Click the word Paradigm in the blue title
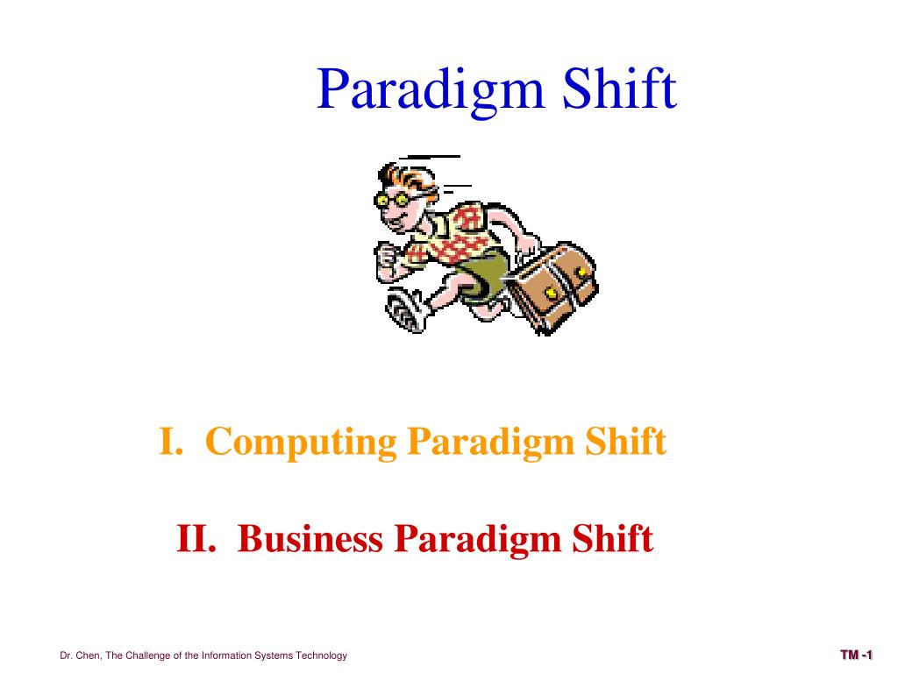[x=431, y=90]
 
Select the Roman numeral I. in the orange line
[x=170, y=441]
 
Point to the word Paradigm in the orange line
[x=485, y=443]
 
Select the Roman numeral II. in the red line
[x=197, y=537]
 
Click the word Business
[x=310, y=537]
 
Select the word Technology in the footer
[x=323, y=655]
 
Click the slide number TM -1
[x=856, y=655]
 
